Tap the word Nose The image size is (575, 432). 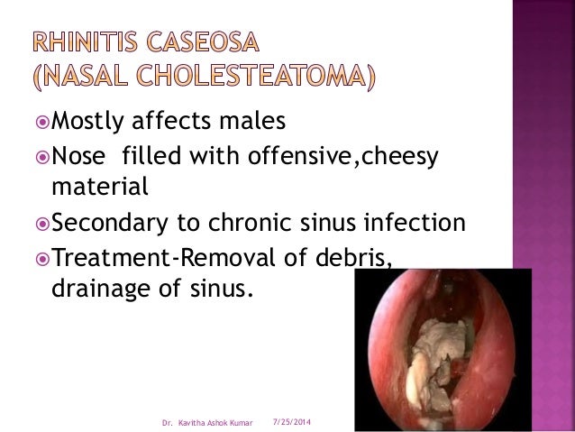tap(79, 159)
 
